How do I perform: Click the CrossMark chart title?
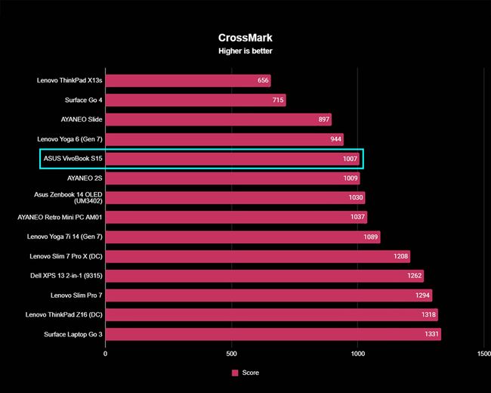click(x=245, y=36)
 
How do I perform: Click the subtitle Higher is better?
click(x=245, y=51)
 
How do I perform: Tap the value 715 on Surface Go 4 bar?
click(x=278, y=100)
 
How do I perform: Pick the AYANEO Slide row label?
click(x=82, y=119)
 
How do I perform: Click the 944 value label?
click(x=335, y=139)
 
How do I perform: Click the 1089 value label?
click(x=371, y=237)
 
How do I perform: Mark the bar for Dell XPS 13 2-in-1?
click(x=264, y=276)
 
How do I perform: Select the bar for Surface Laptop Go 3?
click(x=273, y=335)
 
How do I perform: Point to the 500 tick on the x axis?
click(x=231, y=353)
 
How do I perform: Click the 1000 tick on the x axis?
click(x=357, y=353)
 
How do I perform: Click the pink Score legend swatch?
click(x=235, y=373)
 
